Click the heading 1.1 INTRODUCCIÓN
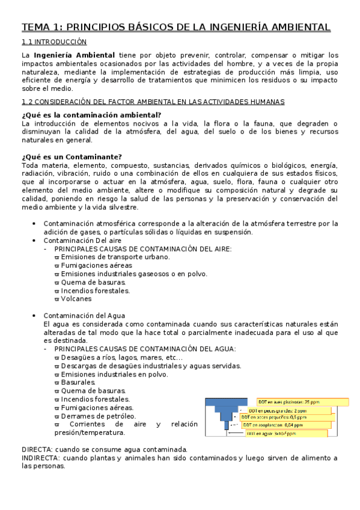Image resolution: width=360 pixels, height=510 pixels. [x=54, y=42]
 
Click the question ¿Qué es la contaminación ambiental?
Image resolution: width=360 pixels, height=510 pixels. [x=91, y=115]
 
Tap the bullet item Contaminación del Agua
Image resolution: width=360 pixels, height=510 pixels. [x=84, y=315]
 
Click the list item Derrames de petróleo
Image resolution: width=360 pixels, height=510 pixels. [x=98, y=416]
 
